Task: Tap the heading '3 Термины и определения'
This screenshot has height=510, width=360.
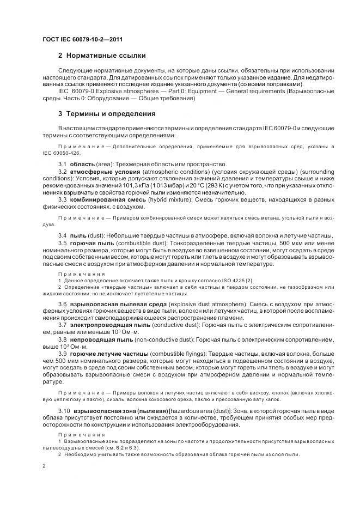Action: pyautogui.click(x=107, y=114)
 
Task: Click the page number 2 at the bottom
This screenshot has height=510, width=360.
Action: pyautogui.click(x=44, y=465)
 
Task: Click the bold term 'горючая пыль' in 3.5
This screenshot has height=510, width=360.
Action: pyautogui.click(x=91, y=242)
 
